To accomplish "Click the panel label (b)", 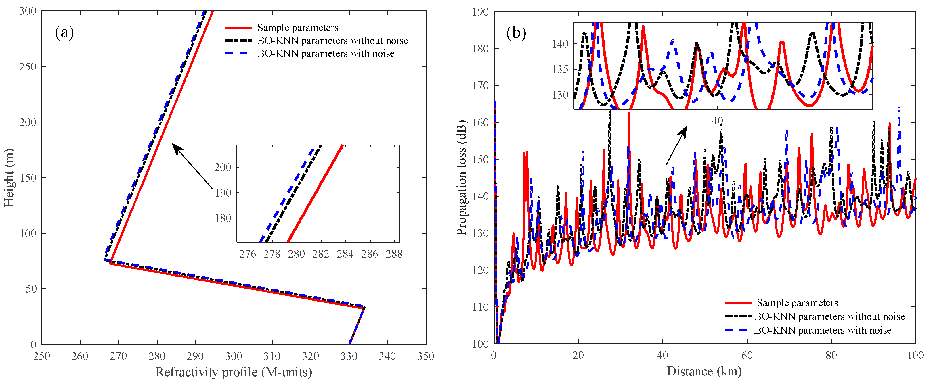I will click(x=516, y=33).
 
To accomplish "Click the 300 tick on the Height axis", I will click(x=28, y=11).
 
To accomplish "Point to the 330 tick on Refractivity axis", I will click(x=349, y=356).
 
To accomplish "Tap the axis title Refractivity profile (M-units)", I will click(x=234, y=372).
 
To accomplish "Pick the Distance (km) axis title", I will click(x=704, y=371).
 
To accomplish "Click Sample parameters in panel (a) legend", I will click(x=297, y=28).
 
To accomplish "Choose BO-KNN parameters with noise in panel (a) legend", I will click(x=325, y=54).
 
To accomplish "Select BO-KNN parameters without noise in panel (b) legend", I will click(x=829, y=317).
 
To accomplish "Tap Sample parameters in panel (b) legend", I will click(x=797, y=303).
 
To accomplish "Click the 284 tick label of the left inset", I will click(x=345, y=254).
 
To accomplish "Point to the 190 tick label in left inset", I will click(x=223, y=193).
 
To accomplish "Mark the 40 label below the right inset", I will click(x=717, y=121).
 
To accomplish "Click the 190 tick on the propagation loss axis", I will click(x=480, y=12).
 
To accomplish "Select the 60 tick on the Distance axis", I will click(x=747, y=356).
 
